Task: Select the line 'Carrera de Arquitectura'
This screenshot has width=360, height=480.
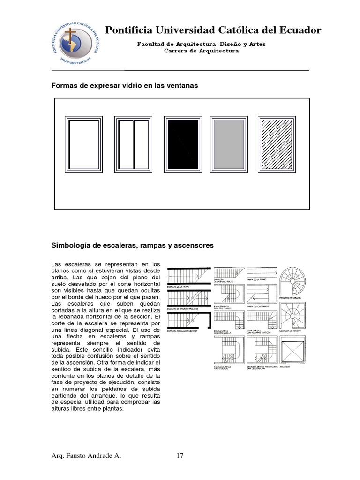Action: tap(201, 51)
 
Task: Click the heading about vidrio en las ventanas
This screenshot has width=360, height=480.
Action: tap(125, 86)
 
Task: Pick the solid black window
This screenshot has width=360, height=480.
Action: tap(183, 144)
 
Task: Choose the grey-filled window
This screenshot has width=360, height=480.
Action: tap(229, 144)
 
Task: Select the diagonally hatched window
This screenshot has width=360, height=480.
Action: tap(276, 144)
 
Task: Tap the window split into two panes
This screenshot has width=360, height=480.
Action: tap(134, 144)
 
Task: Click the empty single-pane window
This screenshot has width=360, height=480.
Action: tap(84, 144)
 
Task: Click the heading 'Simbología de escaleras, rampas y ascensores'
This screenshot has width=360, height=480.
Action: tap(132, 245)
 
